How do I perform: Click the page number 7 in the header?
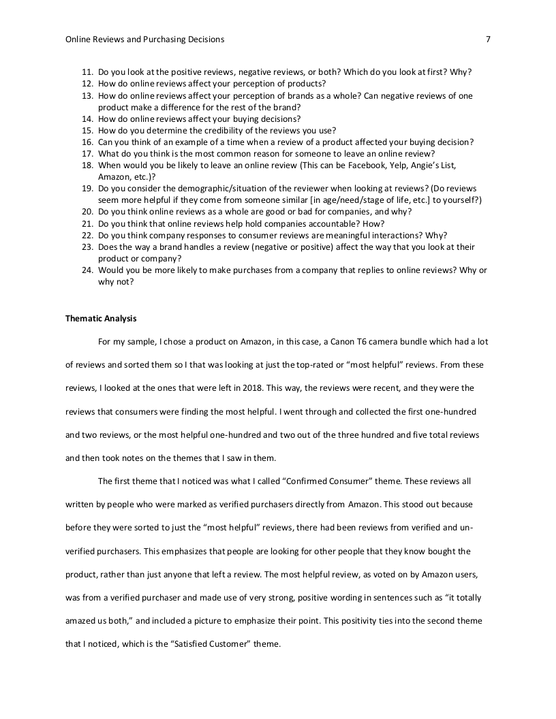[488, 39]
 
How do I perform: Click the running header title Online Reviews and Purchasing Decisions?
[144, 39]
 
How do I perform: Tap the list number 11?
[87, 72]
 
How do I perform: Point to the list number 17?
[87, 153]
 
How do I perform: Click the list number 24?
[87, 270]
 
